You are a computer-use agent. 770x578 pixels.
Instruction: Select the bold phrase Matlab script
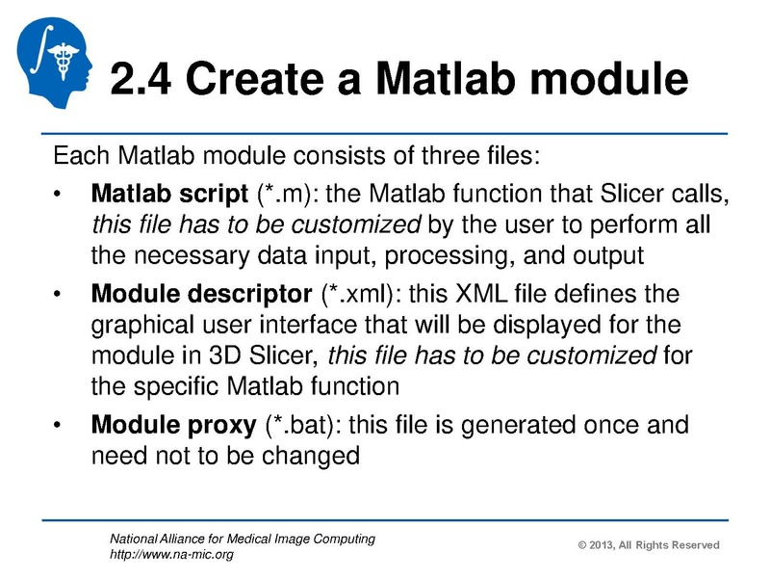pyautogui.click(x=169, y=197)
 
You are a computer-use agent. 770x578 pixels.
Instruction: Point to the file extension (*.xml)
pyautogui.click(x=359, y=292)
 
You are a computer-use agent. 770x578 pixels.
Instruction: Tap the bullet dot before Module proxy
pyautogui.click(x=60, y=425)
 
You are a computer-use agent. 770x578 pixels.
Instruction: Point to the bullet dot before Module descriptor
pyautogui.click(x=60, y=293)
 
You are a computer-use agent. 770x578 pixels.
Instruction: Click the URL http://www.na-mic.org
pyautogui.click(x=172, y=554)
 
